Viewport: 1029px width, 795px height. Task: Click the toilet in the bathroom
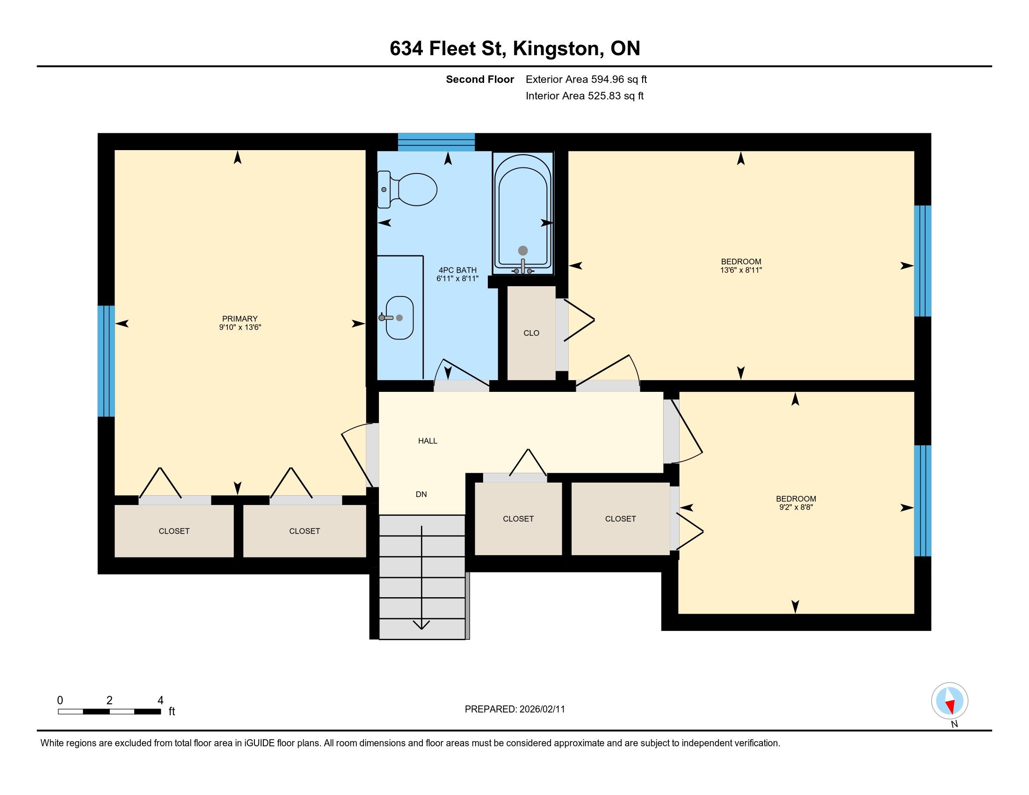click(407, 189)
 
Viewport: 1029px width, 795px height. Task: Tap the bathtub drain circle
click(523, 251)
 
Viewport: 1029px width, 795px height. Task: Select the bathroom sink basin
click(399, 318)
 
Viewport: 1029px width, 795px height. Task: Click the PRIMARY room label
click(240, 319)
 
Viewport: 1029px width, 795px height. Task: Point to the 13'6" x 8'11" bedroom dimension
click(741, 270)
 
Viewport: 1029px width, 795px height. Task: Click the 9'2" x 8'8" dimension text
click(796, 507)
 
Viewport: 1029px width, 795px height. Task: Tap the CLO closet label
click(531, 333)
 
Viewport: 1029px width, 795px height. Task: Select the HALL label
click(428, 441)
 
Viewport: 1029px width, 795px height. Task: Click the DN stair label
click(421, 494)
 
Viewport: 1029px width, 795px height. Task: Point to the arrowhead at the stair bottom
click(421, 624)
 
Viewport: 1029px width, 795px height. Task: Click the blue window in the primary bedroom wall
click(106, 361)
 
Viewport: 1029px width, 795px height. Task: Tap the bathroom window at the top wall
click(436, 142)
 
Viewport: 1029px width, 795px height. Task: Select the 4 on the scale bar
click(160, 701)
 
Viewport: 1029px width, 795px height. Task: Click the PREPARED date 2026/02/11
click(542, 709)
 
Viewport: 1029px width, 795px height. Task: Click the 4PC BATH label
click(457, 270)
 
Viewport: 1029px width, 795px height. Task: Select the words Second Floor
click(479, 79)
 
